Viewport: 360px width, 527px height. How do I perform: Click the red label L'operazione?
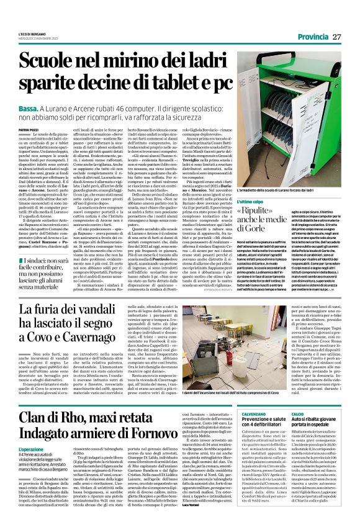point(32,449)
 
